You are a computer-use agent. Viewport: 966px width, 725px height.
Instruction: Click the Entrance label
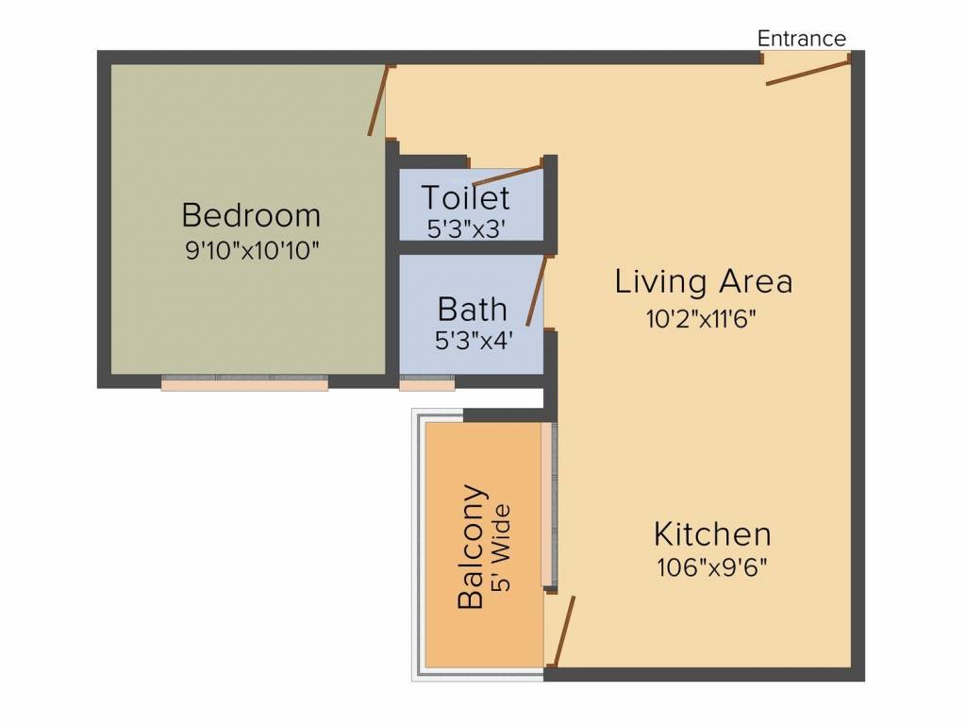click(802, 39)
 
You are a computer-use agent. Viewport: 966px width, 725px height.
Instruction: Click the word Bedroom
click(251, 215)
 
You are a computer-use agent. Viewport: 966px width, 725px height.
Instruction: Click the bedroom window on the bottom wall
click(244, 382)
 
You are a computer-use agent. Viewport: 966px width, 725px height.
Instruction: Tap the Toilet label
click(465, 198)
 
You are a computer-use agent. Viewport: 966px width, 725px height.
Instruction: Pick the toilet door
click(507, 176)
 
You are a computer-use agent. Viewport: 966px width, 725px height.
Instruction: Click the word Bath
click(472, 309)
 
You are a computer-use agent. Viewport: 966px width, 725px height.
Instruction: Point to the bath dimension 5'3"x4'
click(473, 341)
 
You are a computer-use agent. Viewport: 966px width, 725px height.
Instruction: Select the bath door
click(535, 295)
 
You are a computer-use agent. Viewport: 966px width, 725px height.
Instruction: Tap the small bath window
click(427, 382)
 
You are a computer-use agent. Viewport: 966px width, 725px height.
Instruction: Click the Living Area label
click(703, 281)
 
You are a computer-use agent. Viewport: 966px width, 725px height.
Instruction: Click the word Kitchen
click(712, 534)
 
